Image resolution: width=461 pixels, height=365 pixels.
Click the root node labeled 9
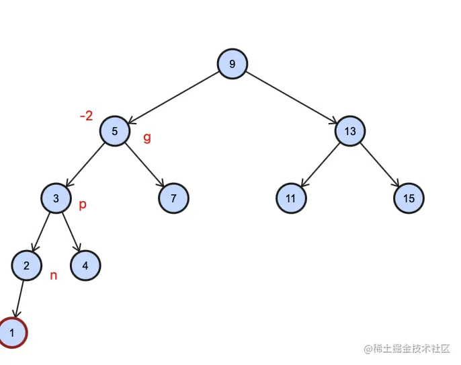click(x=233, y=64)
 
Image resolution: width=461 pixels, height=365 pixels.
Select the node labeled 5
click(x=115, y=131)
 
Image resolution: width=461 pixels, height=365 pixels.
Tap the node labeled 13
click(x=350, y=131)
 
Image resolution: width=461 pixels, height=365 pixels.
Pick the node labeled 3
click(x=56, y=198)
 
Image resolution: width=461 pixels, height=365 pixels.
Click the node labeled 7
click(x=174, y=198)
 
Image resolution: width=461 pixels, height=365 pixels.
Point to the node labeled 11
click(x=291, y=198)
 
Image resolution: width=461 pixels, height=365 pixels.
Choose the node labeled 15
click(x=409, y=198)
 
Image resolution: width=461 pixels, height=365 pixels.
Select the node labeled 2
click(x=27, y=266)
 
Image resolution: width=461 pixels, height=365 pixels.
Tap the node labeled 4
click(x=85, y=266)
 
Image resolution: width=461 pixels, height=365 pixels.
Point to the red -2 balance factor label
click(x=86, y=116)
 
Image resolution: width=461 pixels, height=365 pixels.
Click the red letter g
click(x=147, y=138)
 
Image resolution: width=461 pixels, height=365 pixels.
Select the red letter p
click(x=83, y=204)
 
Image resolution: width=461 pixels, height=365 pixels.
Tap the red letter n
click(x=54, y=275)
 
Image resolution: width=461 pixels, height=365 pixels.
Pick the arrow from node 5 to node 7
click(x=144, y=165)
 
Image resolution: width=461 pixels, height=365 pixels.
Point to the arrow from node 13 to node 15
click(x=380, y=165)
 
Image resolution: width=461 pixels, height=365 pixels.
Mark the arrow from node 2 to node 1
click(x=20, y=299)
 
